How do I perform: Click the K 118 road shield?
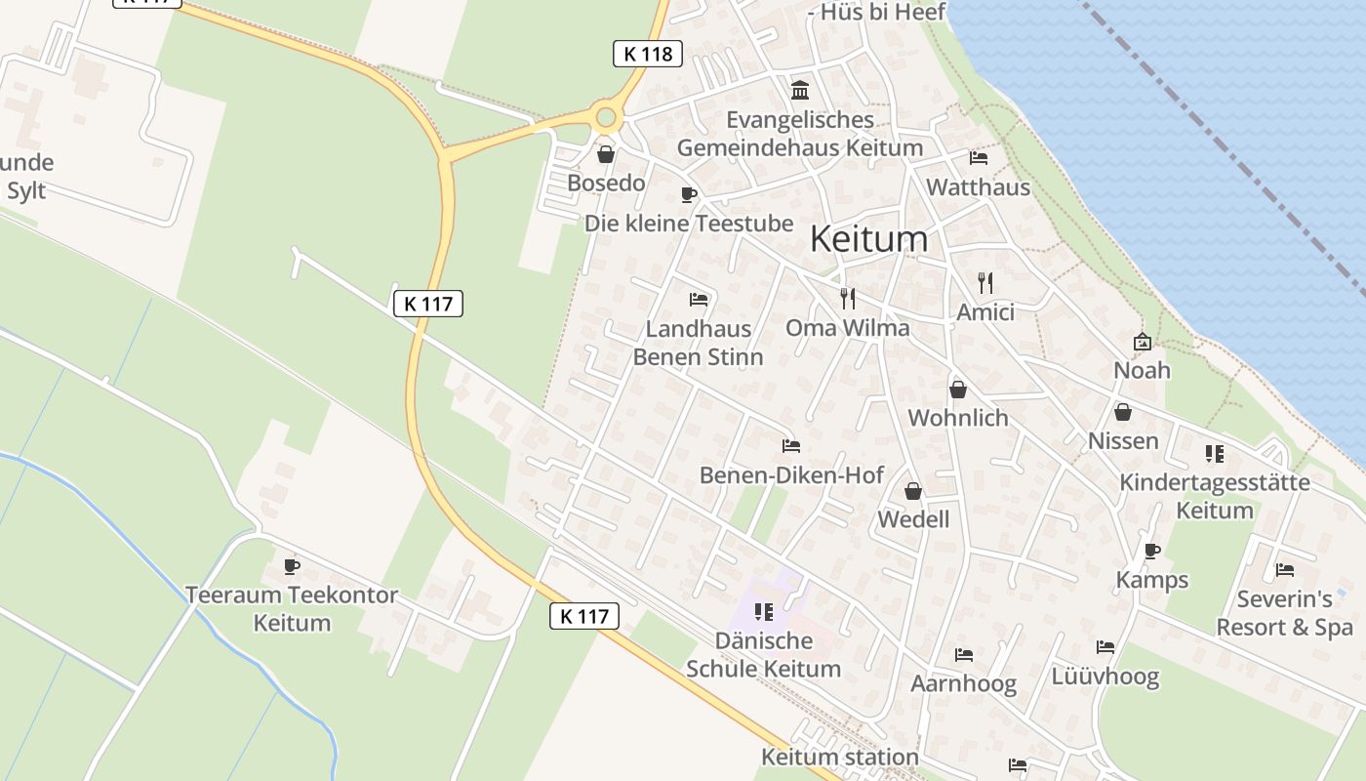point(647,54)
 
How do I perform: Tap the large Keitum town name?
point(868,239)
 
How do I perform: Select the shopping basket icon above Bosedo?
point(606,154)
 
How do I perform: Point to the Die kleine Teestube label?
point(689,224)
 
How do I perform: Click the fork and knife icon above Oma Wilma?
point(848,299)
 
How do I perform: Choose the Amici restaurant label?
point(985,312)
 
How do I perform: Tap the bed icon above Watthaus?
point(979,158)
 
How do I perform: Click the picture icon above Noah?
point(1142,342)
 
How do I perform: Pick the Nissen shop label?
point(1123,441)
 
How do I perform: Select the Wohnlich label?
point(958,418)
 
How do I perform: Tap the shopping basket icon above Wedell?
point(913,490)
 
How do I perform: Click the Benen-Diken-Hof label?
point(791,475)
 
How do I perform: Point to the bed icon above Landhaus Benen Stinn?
point(698,299)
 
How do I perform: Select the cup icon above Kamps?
point(1152,551)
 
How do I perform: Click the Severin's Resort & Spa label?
point(1285,613)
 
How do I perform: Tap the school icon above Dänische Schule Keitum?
point(763,612)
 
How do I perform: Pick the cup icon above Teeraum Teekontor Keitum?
point(291,566)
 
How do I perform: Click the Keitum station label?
point(840,757)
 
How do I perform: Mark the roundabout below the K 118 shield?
point(606,118)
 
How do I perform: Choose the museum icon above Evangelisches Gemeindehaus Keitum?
point(800,91)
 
